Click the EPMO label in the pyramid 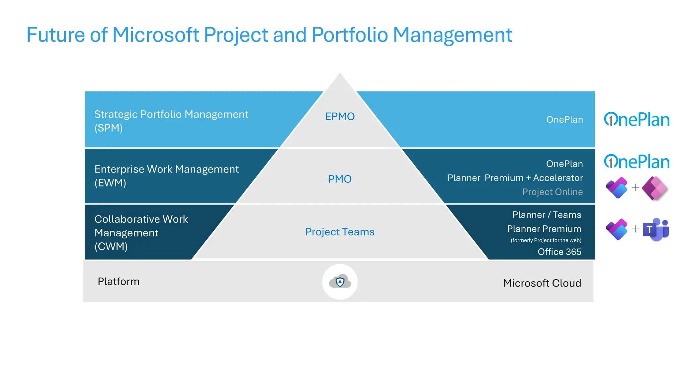pos(340,116)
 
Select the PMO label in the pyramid pos(340,179)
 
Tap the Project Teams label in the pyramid pos(340,232)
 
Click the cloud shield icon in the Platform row pos(340,282)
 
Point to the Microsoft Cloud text pos(542,283)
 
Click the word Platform pos(119,282)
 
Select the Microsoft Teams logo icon pos(656,229)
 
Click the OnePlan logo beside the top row pos(637,120)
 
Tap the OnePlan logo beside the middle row pos(637,162)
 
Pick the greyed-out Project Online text pos(552,192)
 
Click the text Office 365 pos(559,252)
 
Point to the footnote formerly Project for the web pos(546,240)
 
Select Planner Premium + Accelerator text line pos(515,178)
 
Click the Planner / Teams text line pos(547,215)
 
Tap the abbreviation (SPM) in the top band pos(109,128)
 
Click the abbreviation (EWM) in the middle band pos(110,183)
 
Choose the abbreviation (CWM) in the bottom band pos(111,246)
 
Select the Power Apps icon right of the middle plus pos(654,188)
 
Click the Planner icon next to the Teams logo pos(617,229)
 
